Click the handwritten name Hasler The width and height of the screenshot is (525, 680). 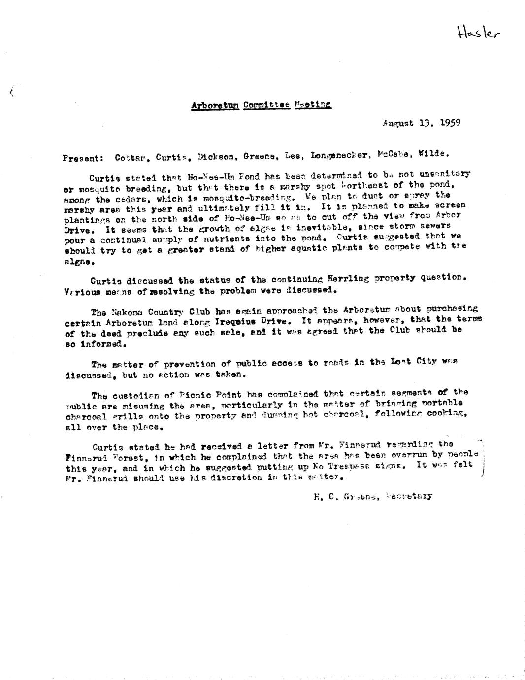tap(478, 33)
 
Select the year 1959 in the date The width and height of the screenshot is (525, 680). tap(450, 123)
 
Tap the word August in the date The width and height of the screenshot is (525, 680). tap(398, 123)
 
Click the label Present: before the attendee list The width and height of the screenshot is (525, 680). tap(83, 158)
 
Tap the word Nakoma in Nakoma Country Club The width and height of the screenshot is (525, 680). tap(127, 312)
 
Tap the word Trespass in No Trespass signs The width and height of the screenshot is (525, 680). tap(346, 466)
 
